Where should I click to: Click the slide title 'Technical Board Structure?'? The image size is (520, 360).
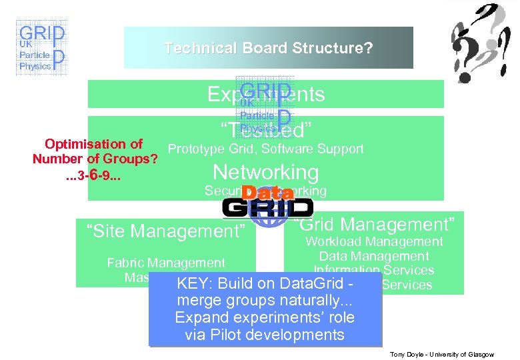pos(268,48)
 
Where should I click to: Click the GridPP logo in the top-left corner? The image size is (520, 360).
pos(41,48)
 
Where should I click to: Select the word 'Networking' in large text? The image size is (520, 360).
pos(265,172)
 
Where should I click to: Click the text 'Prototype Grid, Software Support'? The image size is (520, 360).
pos(265,149)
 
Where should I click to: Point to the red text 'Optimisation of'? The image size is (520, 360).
pos(93,144)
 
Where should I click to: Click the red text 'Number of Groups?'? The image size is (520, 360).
pos(95,159)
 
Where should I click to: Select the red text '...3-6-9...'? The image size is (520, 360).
pos(93,176)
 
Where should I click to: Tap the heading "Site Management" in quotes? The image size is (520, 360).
pos(166,231)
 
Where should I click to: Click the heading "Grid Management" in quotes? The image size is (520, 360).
pos(375,224)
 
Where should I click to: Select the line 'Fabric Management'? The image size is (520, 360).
pos(166,263)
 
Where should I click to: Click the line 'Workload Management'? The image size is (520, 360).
pos(373,241)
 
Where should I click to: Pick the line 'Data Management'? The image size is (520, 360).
pos(373,256)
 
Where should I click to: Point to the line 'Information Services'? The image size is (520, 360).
pos(374,269)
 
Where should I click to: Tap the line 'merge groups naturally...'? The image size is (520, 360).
pos(264,300)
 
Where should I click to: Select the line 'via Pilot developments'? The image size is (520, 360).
pos(264,335)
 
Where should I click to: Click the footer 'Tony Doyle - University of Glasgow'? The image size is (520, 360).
pos(441,355)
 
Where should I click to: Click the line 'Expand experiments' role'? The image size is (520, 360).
pos(264,317)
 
